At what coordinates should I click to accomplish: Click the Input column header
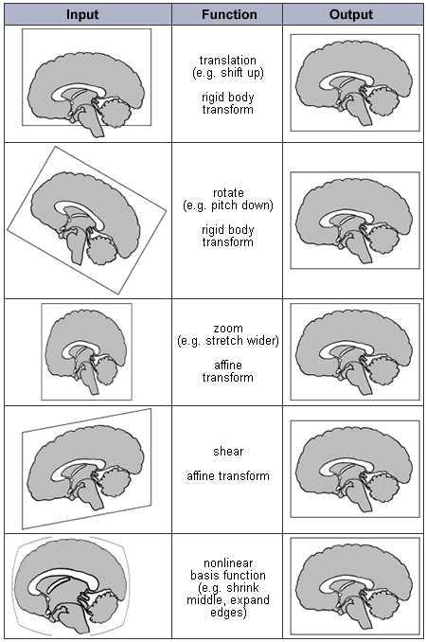(82, 15)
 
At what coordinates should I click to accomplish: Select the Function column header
(229, 15)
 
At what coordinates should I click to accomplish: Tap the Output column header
(350, 15)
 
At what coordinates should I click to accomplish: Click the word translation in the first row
(228, 61)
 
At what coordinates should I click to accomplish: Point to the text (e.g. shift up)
(228, 73)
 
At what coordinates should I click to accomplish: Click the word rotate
(228, 192)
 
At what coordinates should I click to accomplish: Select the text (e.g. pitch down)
(228, 205)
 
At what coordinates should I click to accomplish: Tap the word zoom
(228, 329)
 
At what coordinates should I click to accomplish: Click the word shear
(228, 452)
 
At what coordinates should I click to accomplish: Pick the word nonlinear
(228, 563)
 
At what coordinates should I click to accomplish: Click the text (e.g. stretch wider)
(228, 341)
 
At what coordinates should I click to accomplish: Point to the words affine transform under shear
(228, 475)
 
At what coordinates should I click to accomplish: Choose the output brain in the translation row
(354, 81)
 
